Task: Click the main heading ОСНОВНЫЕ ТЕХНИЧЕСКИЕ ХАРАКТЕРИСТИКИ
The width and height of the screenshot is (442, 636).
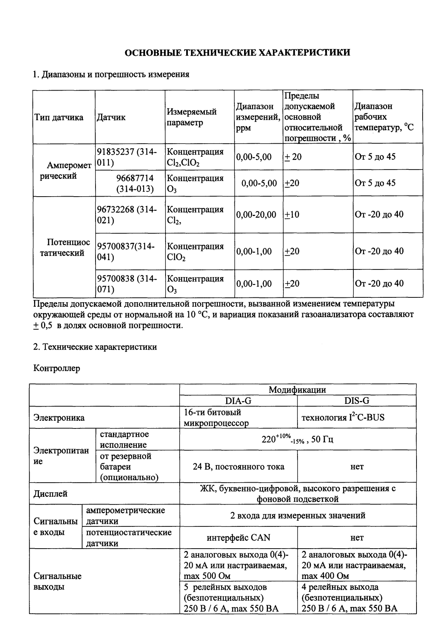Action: click(237, 53)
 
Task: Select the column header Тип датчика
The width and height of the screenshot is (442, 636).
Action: click(59, 118)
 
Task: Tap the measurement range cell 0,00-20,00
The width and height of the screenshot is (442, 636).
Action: click(256, 215)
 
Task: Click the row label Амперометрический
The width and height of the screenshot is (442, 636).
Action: click(62, 171)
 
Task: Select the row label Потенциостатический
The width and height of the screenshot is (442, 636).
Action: click(65, 248)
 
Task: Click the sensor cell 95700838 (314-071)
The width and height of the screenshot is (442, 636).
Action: click(126, 284)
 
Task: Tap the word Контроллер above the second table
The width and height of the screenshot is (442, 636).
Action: click(56, 369)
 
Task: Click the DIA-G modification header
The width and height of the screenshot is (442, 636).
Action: click(238, 401)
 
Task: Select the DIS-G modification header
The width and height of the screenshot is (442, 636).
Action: click(356, 401)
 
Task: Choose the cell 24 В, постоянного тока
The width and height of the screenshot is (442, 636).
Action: click(238, 467)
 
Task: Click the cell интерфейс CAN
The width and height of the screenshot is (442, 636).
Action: click(238, 538)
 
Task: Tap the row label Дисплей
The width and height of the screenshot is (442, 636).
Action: click(51, 494)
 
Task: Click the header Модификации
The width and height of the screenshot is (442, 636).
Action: click(297, 390)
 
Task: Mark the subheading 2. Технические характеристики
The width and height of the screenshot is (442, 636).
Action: click(95, 347)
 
